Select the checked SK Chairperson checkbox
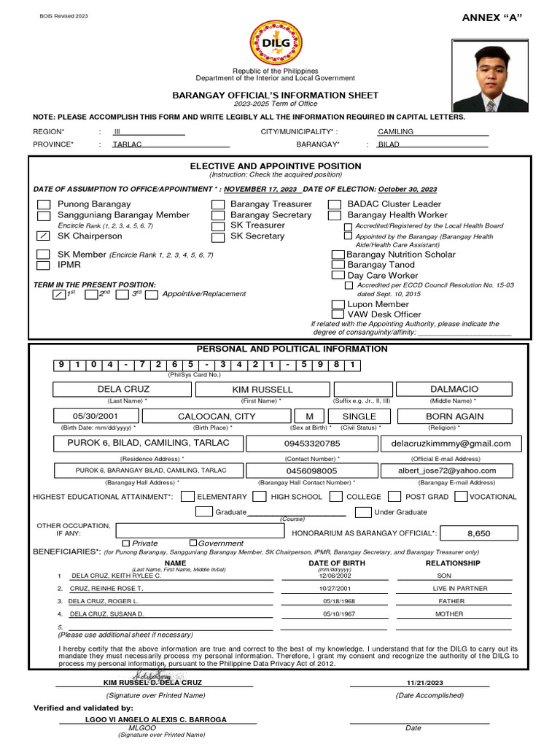click(44, 236)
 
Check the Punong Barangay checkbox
click(44, 205)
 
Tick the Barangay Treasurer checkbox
click(217, 205)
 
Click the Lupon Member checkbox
click(338, 304)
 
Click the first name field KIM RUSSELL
click(262, 390)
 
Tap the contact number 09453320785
click(311, 444)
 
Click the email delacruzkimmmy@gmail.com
click(451, 444)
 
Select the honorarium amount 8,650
click(478, 533)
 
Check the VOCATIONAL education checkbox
click(460, 497)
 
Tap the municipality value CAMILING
click(395, 131)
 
